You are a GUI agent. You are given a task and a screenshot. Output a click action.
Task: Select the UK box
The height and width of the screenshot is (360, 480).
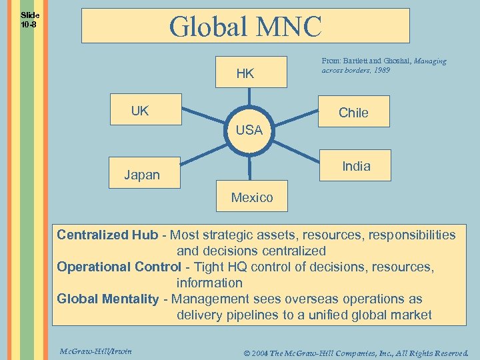click(145, 109)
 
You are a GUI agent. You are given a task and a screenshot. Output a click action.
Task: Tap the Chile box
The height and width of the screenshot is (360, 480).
click(353, 112)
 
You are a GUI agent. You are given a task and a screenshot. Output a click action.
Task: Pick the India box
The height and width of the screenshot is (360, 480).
click(356, 165)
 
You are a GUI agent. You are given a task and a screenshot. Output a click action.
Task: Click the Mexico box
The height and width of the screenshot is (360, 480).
click(252, 197)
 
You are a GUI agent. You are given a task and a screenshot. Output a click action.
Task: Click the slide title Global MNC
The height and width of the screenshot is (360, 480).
click(245, 27)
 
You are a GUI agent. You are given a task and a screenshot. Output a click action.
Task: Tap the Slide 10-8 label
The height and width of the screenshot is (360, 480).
click(29, 19)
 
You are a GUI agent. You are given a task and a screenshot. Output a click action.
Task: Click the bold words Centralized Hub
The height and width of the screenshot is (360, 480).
click(107, 235)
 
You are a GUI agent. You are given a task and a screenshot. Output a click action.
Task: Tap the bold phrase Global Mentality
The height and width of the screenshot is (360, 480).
click(108, 299)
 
